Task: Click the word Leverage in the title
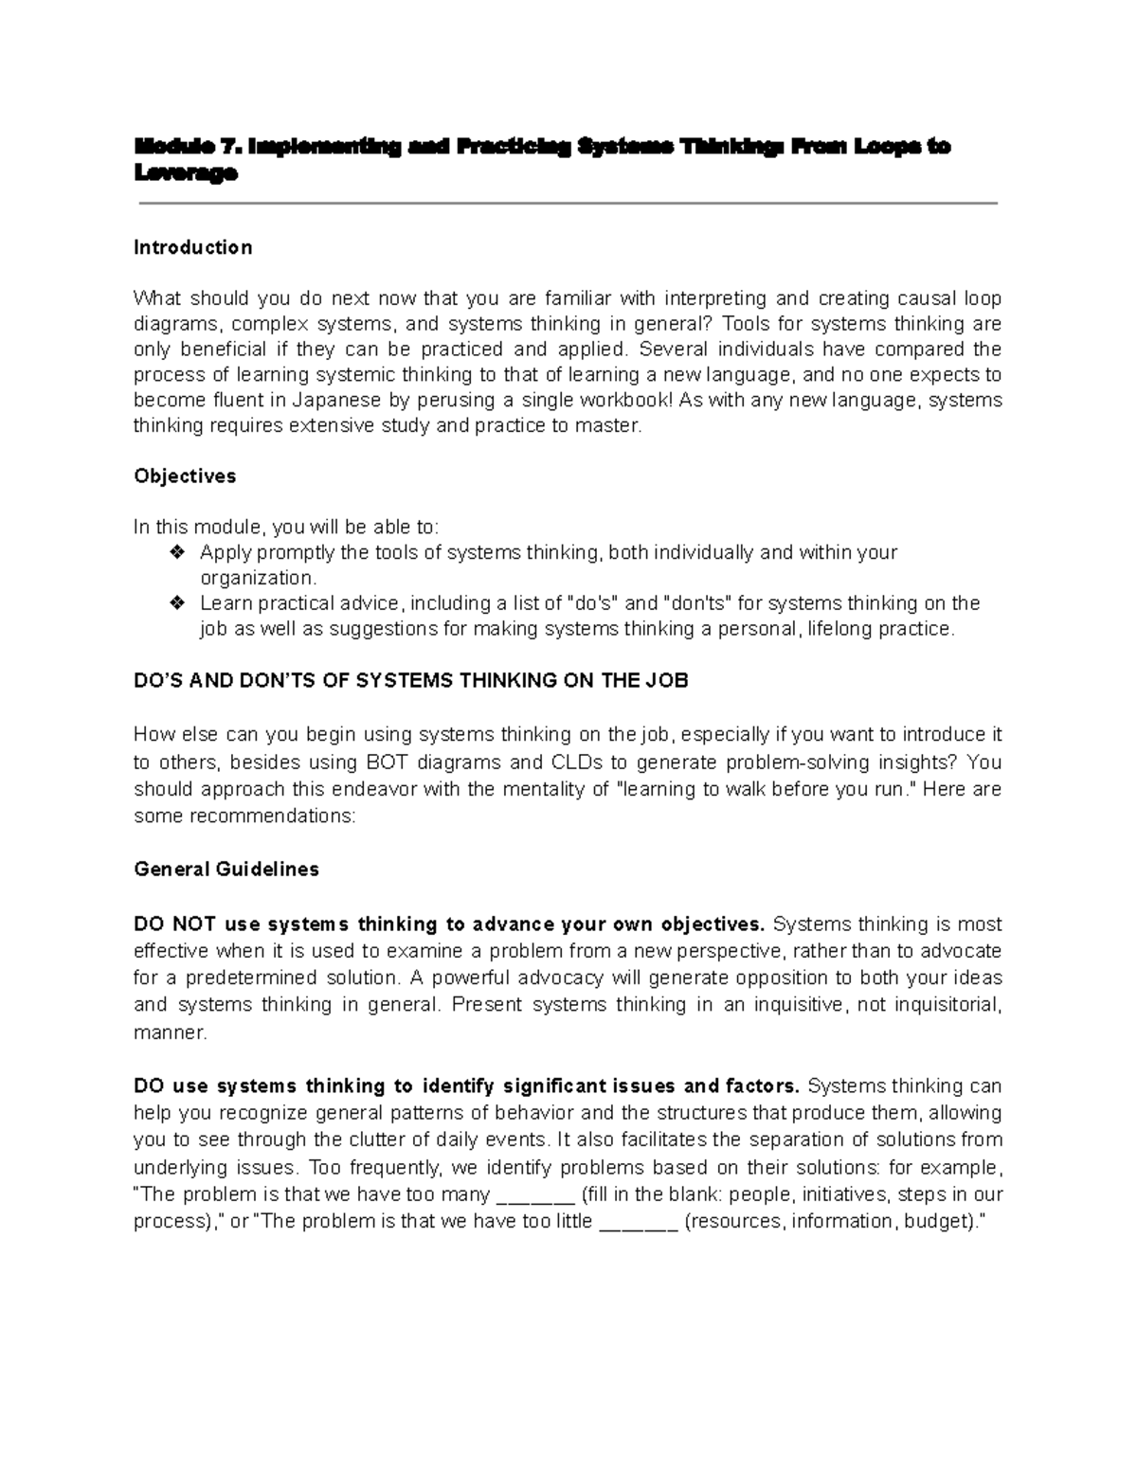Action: (185, 173)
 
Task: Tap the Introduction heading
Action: (192, 247)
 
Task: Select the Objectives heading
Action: (185, 475)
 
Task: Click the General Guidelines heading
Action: (226, 869)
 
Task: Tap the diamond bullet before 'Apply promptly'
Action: (176, 552)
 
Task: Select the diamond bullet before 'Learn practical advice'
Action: (176, 603)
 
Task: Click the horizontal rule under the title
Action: (568, 203)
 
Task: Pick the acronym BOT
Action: (385, 762)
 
